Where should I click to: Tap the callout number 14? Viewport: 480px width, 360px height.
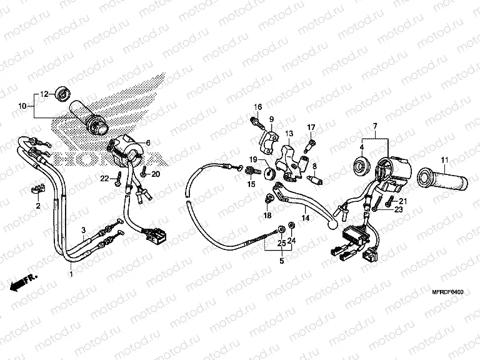306,218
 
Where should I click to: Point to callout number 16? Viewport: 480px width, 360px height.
257,107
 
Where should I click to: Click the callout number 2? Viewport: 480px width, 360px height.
37,206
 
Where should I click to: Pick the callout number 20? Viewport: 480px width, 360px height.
156,174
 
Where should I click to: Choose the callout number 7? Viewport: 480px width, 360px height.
374,127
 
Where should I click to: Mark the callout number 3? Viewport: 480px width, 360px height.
83,231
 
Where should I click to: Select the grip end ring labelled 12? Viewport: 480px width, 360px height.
62,95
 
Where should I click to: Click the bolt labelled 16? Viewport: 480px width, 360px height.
257,121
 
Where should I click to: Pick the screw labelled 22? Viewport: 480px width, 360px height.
117,180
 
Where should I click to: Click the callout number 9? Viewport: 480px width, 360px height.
272,119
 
